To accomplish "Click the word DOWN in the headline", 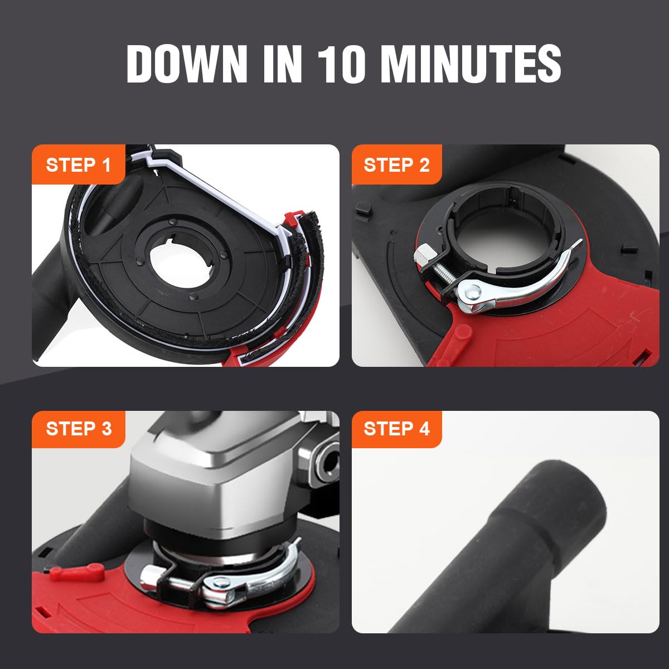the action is [187, 64].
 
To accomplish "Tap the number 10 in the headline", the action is [341, 64].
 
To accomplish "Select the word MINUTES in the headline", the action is [473, 64].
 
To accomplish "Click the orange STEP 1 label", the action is [79, 164].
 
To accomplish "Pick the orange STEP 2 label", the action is [396, 164].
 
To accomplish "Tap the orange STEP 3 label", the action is [79, 429].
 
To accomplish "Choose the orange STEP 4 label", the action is [396, 429].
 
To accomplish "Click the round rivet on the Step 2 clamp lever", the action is [473, 294].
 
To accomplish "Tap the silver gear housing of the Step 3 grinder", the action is [215, 486].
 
